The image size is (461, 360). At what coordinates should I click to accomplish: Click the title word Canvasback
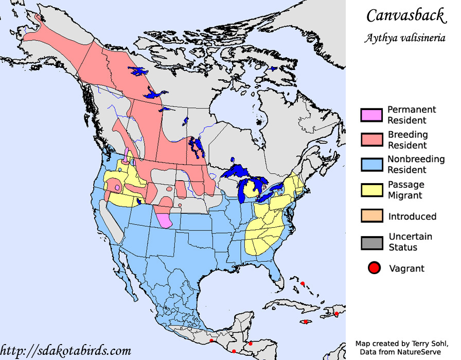click(x=405, y=15)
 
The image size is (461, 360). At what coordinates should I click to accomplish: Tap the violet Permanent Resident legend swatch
click(x=371, y=115)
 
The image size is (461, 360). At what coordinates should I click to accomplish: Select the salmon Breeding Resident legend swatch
click(x=371, y=140)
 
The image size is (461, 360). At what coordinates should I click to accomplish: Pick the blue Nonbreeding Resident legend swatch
click(x=371, y=165)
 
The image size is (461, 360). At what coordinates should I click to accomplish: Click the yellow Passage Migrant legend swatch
click(x=371, y=190)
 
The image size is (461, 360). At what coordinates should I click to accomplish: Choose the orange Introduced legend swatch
click(x=371, y=216)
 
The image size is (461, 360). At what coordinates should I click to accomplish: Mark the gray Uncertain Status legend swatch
click(x=371, y=242)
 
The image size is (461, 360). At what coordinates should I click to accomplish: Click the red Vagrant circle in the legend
click(x=374, y=268)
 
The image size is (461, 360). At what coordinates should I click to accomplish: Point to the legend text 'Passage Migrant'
click(x=406, y=190)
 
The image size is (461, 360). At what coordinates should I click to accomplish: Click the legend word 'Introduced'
click(x=412, y=217)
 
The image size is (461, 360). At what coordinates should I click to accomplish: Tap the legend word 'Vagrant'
click(x=406, y=268)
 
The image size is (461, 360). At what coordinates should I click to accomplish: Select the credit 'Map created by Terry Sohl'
click(x=401, y=343)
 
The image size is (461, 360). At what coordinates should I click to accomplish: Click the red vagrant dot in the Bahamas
click(x=303, y=283)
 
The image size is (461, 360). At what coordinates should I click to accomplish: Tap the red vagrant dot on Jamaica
click(x=306, y=322)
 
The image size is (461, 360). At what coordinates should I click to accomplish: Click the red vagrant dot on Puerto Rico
click(x=336, y=313)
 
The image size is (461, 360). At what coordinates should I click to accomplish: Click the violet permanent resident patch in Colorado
click(x=165, y=220)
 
